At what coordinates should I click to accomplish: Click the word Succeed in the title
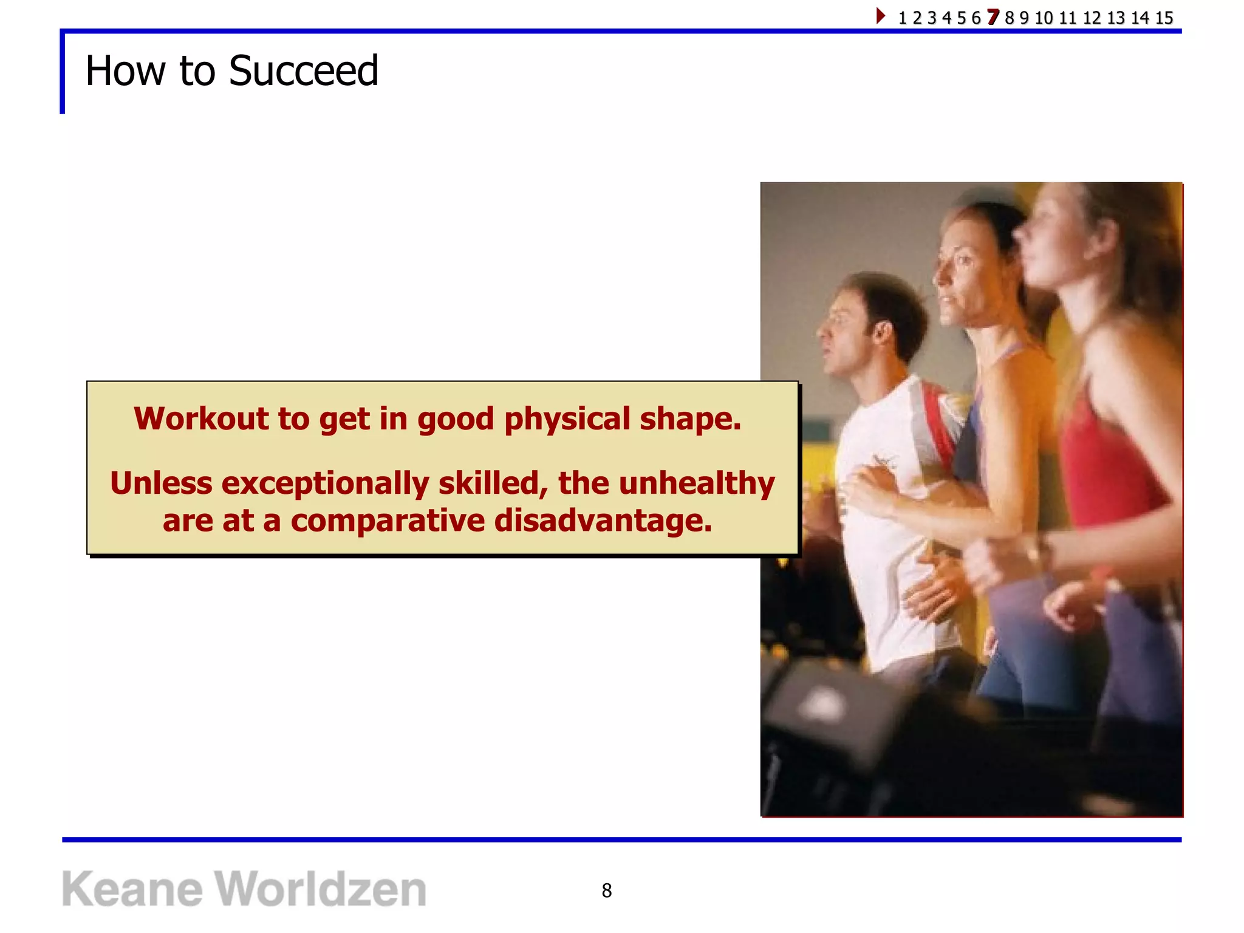[x=303, y=71]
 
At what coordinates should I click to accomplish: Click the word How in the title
[x=125, y=71]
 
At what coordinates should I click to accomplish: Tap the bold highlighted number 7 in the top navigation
[x=993, y=17]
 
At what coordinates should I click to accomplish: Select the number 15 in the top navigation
[x=1164, y=18]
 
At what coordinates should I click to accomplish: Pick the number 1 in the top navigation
[x=902, y=18]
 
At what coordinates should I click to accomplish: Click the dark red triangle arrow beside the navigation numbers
[x=880, y=15]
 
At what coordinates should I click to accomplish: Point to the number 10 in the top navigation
[x=1044, y=18]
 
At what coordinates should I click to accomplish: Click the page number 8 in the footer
[x=606, y=890]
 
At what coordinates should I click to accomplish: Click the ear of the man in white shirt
[x=882, y=331]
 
